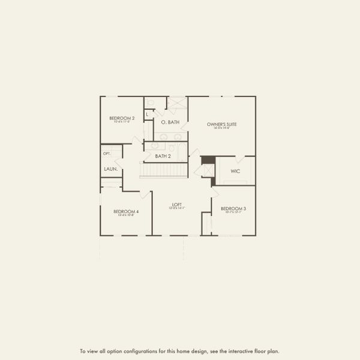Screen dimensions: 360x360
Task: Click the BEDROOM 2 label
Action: click(x=121, y=118)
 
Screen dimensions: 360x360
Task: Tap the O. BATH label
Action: click(x=170, y=122)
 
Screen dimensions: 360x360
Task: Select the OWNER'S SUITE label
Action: click(x=222, y=124)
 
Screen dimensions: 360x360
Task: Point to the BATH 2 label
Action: click(x=163, y=156)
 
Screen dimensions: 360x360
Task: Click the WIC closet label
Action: click(x=235, y=170)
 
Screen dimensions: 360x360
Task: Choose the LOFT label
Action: click(x=176, y=205)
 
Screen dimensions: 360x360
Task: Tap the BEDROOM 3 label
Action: click(x=233, y=208)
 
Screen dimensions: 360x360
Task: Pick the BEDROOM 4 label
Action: click(x=126, y=211)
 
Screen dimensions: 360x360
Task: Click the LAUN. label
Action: click(x=110, y=169)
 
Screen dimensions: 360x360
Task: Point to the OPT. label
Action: click(x=107, y=154)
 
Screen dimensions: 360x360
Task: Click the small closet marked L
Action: click(x=148, y=113)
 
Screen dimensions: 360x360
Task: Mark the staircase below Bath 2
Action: click(x=163, y=171)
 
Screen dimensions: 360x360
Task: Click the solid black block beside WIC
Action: click(x=208, y=160)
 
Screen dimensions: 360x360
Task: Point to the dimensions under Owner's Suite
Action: click(x=222, y=128)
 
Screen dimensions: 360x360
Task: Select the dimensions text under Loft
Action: click(x=176, y=208)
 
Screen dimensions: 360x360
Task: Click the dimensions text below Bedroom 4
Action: click(x=126, y=215)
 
